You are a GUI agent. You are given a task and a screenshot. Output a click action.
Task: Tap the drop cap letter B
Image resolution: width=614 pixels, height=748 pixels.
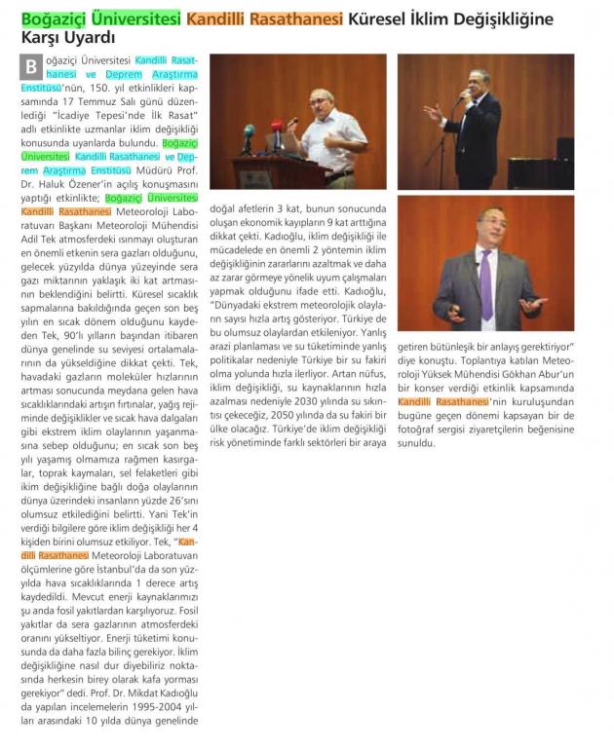pyautogui.click(x=32, y=67)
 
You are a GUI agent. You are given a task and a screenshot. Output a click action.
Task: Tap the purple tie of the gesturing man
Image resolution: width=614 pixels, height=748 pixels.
pyautogui.click(x=485, y=281)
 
